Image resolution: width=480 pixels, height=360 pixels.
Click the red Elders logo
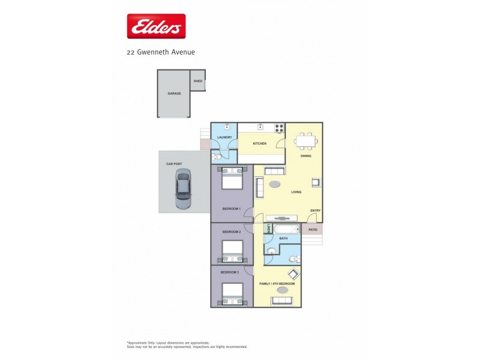[156, 26]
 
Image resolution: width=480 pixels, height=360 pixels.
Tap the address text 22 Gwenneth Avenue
[160, 52]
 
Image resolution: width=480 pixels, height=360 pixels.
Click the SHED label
[197, 80]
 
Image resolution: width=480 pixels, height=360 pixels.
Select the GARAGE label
[174, 94]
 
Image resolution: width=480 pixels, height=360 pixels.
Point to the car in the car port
[183, 189]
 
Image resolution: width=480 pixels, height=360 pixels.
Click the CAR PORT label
[173, 163]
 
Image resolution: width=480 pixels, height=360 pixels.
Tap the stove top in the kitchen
[279, 128]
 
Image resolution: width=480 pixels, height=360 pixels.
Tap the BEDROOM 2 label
[231, 232]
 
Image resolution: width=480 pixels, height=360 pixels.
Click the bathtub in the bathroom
[286, 229]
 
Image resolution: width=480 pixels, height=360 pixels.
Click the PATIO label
[312, 229]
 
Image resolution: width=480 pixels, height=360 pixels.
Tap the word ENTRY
[316, 210]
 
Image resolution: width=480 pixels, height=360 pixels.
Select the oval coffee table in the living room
[275, 184]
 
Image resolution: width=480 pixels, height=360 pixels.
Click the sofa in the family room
[281, 301]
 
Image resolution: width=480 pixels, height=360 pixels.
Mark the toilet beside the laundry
[217, 156]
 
